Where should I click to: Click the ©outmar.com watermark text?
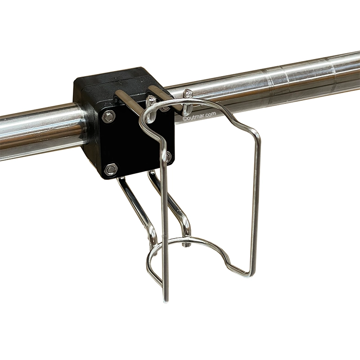199,116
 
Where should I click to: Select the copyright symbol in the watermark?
184,119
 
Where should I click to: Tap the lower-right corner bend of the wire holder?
250,273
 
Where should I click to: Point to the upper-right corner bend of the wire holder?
256,134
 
